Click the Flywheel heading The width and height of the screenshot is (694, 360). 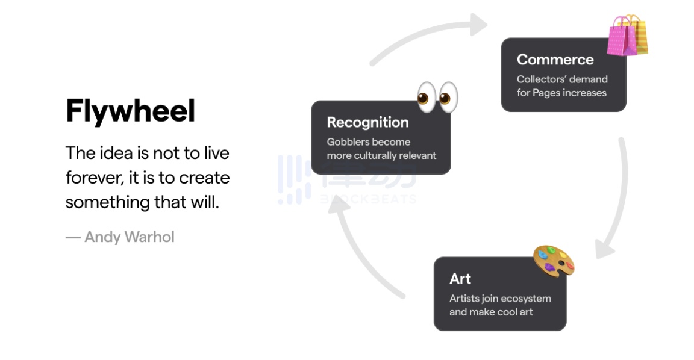point(130,111)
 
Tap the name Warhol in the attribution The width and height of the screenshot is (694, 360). point(149,237)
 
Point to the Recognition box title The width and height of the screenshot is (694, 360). point(367,122)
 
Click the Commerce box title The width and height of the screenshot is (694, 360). point(555,59)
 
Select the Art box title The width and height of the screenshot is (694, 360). point(460,279)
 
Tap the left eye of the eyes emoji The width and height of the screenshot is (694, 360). point(427,98)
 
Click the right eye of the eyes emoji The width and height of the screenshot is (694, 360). point(448,98)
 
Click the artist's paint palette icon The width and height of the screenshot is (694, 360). point(554,261)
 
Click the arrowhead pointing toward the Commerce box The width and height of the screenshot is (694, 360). point(478,24)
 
